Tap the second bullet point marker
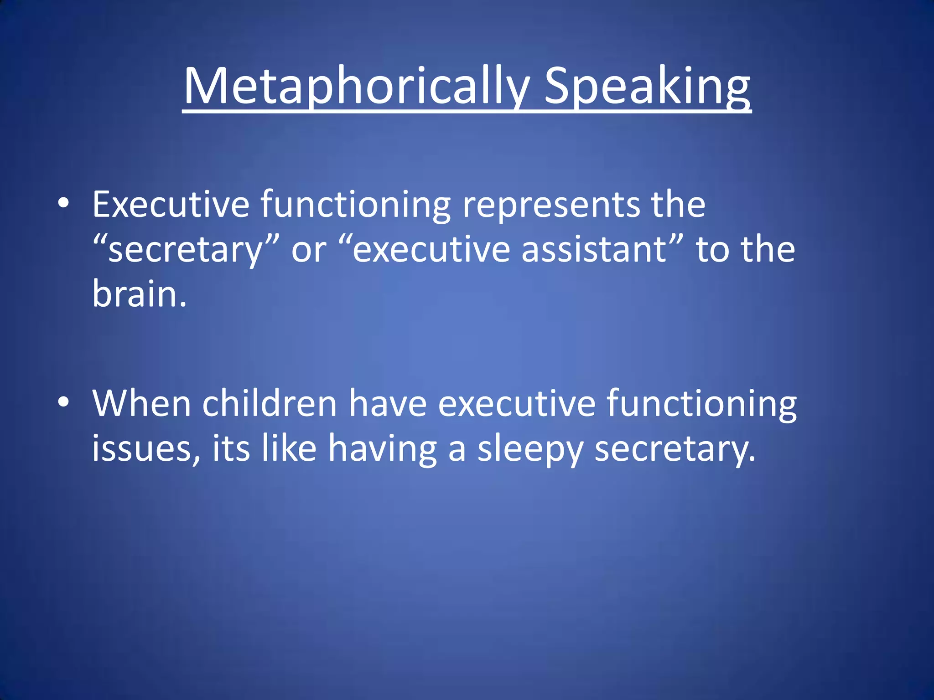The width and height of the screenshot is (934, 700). coord(64,402)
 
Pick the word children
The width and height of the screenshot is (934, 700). coord(270,403)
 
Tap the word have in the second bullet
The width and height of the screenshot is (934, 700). coord(388,403)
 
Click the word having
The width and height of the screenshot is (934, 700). coord(383,449)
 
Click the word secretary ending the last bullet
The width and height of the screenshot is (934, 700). coord(675,449)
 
